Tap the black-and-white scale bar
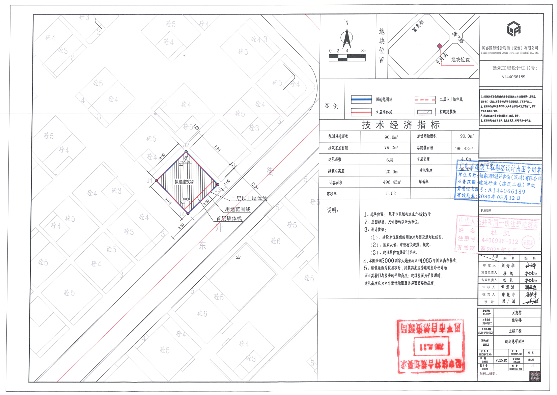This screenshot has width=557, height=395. pyautogui.click(x=347, y=58)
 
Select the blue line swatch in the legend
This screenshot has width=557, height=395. pyautogui.click(x=361, y=100)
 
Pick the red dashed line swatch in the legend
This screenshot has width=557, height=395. pyautogui.click(x=425, y=100)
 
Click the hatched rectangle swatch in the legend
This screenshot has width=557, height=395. pyautogui.click(x=425, y=112)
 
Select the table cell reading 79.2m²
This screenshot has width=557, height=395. pyautogui.click(x=391, y=148)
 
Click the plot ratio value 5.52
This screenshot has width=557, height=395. pyautogui.click(x=391, y=194)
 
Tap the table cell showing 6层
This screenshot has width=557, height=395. pyautogui.click(x=390, y=160)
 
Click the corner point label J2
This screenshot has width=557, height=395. pyautogui.click(x=186, y=145)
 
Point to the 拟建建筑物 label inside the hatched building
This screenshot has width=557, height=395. pyautogui.click(x=184, y=182)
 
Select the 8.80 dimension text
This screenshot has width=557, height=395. pyautogui.click(x=218, y=148)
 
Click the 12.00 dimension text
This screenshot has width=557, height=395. pyautogui.click(x=255, y=186)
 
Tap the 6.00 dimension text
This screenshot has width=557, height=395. pyautogui.click(x=181, y=226)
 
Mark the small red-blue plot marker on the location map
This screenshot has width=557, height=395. pyautogui.click(x=439, y=46)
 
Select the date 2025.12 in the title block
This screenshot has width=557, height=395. pyautogui.click(x=501, y=360)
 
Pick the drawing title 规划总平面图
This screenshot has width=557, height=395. pyautogui.click(x=514, y=342)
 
